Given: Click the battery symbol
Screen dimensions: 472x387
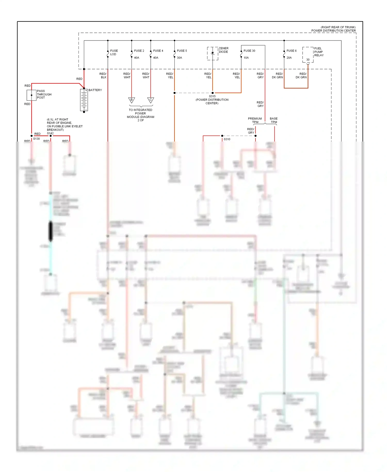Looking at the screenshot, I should pyautogui.click(x=84, y=100).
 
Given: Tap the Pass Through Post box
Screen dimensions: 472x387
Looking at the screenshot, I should pyautogui.click(x=31, y=95).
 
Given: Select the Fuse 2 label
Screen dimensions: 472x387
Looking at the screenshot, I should pyautogui.click(x=139, y=51).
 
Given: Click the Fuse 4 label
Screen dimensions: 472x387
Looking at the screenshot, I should pyautogui.click(x=158, y=51).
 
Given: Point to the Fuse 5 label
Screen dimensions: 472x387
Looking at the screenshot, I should pyautogui.click(x=182, y=51).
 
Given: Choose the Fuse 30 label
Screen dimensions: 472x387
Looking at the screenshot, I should pyautogui.click(x=249, y=51).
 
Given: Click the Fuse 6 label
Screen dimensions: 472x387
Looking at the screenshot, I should pyautogui.click(x=291, y=51).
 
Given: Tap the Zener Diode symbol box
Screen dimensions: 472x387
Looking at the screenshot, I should pyautogui.click(x=213, y=53).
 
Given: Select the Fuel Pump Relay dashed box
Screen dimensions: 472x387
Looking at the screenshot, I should pyautogui.click(x=308, y=55).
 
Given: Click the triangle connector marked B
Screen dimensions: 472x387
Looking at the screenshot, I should pyautogui.click(x=132, y=100).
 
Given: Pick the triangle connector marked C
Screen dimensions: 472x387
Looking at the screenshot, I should pyautogui.click(x=151, y=100).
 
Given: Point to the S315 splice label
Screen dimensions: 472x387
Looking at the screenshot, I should pyautogui.click(x=212, y=96).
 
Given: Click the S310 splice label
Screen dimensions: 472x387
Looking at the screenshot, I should pyautogui.click(x=227, y=139).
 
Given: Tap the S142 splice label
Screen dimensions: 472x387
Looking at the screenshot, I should pyautogui.click(x=50, y=133).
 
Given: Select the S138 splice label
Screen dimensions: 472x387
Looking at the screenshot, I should pyautogui.click(x=36, y=139).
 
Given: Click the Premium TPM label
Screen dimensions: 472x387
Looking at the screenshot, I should pyautogui.click(x=255, y=120).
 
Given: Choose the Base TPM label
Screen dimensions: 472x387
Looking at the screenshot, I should pyautogui.click(x=274, y=120).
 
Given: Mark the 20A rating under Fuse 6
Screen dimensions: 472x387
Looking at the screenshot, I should pyautogui.click(x=289, y=58).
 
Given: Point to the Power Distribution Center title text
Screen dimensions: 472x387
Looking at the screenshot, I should pyautogui.click(x=333, y=30).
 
